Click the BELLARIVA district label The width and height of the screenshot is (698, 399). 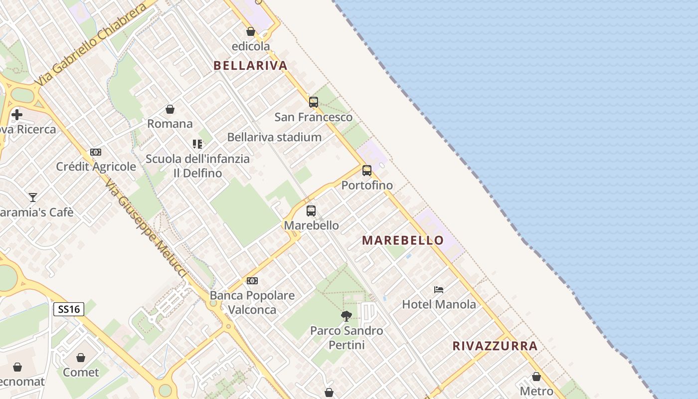click(251, 65)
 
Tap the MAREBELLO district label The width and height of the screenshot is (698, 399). click(403, 240)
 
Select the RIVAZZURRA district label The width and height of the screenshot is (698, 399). click(495, 346)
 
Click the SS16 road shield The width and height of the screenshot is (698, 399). click(69, 309)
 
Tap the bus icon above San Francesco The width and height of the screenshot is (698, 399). click(314, 102)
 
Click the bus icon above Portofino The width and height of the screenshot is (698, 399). click(367, 171)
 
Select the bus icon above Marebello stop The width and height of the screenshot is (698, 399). click(311, 210)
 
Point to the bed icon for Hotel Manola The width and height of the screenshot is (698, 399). click(439, 289)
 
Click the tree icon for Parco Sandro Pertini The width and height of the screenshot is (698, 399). click(347, 316)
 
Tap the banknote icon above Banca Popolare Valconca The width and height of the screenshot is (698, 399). click(252, 281)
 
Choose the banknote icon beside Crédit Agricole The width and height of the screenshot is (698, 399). click(96, 152)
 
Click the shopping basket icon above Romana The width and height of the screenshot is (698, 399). click(170, 109)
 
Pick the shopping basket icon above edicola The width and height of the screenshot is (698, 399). click(251, 32)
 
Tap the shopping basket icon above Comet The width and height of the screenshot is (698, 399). click(81, 358)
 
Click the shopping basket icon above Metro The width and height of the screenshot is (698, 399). click(536, 377)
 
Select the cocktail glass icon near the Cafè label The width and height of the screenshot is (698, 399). click(33, 198)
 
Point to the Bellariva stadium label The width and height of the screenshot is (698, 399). click(274, 137)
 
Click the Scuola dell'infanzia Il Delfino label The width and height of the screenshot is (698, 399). click(197, 166)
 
